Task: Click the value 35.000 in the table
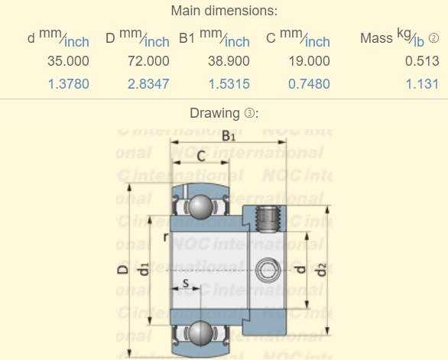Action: tap(68, 60)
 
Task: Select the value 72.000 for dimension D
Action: tap(148, 60)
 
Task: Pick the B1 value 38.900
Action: tap(229, 60)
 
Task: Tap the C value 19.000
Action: tap(309, 60)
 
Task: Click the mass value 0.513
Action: tap(422, 60)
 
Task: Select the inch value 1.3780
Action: tap(68, 84)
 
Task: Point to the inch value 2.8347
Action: tap(148, 84)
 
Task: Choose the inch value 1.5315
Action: tap(229, 84)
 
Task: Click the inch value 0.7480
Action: tap(309, 84)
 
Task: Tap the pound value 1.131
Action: tap(422, 84)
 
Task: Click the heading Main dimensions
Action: tap(224, 11)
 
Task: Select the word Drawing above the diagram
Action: tap(214, 113)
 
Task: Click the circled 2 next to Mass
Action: tap(433, 38)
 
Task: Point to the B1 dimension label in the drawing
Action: tap(229, 135)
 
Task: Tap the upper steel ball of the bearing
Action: tap(200, 207)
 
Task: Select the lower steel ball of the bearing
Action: tap(200, 332)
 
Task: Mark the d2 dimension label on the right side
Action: tap(322, 269)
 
